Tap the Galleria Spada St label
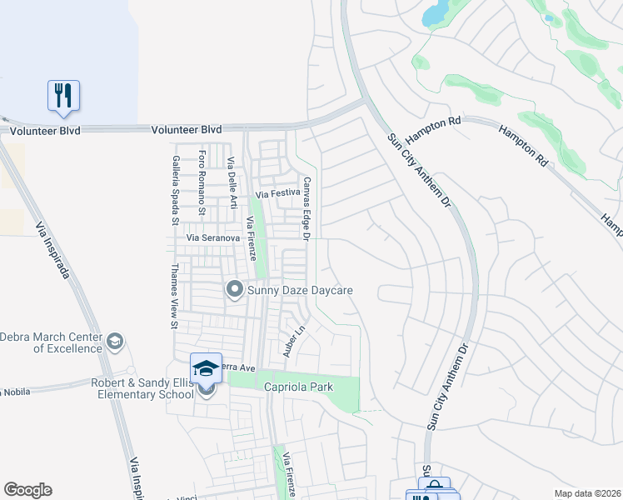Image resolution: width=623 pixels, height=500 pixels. pyautogui.click(x=176, y=191)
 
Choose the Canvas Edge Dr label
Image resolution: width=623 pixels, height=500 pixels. pyautogui.click(x=307, y=209)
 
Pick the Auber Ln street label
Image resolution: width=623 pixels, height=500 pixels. pyautogui.click(x=290, y=342)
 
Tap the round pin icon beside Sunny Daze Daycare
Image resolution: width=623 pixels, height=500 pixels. pyautogui.click(x=234, y=290)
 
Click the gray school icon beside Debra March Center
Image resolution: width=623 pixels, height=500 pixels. pyautogui.click(x=114, y=342)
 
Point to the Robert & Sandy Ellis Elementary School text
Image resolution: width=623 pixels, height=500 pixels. pyautogui.click(x=143, y=388)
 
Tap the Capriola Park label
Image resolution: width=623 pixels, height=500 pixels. pyautogui.click(x=298, y=387)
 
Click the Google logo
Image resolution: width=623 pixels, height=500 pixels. pyautogui.click(x=27, y=490)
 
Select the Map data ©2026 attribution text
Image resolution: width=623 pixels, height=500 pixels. pyautogui.click(x=586, y=493)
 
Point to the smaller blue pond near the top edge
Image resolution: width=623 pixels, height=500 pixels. pyautogui.click(x=548, y=17)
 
